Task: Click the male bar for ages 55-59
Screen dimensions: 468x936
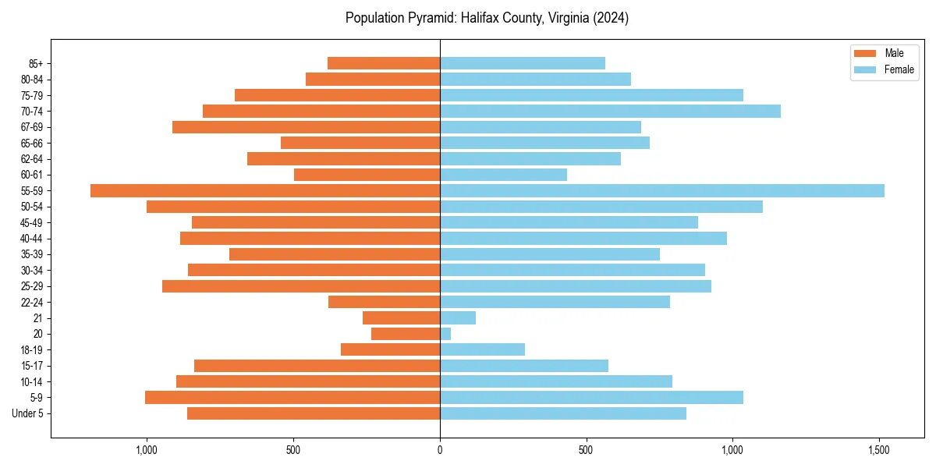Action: [265, 191]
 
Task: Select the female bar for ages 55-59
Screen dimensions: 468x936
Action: [661, 191]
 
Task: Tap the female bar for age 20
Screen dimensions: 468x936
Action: [445, 334]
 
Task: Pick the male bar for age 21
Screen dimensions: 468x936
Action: [401, 318]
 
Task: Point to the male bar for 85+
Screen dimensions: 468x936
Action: [384, 63]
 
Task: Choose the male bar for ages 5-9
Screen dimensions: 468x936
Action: [292, 398]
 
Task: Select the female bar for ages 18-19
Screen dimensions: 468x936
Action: [482, 349]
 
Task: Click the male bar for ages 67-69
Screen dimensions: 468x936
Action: [306, 127]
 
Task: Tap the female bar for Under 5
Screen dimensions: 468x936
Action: [563, 413]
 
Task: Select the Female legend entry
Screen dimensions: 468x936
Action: [884, 69]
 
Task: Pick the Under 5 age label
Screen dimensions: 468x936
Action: [27, 413]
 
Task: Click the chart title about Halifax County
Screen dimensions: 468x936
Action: [487, 18]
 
